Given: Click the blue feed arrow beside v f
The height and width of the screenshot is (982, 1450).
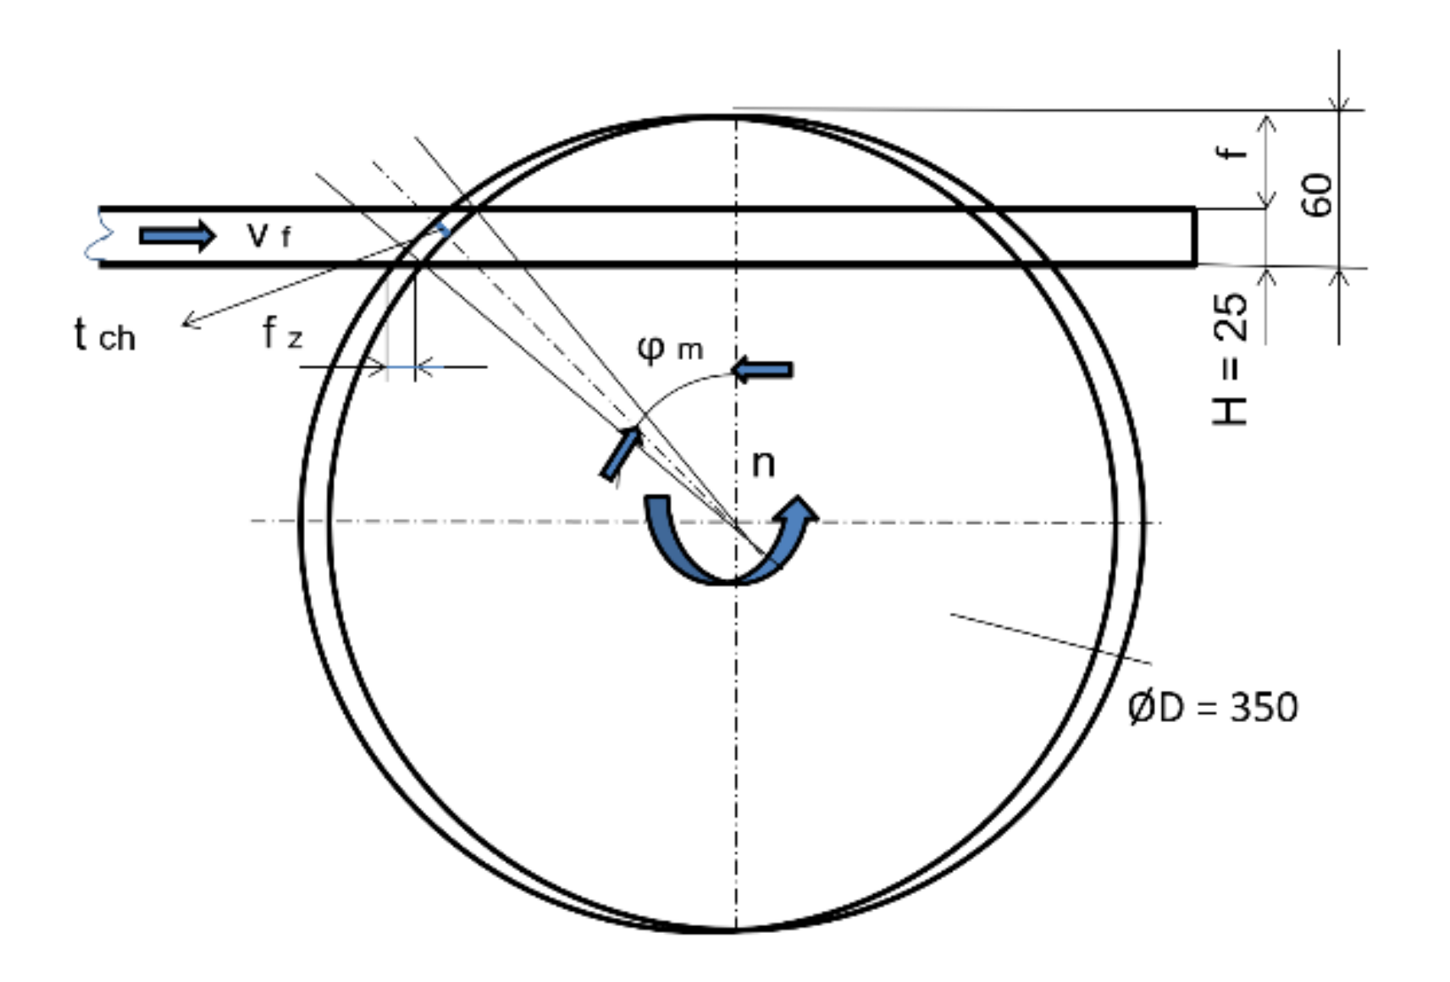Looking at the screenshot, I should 177,235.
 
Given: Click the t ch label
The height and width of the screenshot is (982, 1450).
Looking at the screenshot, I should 104,335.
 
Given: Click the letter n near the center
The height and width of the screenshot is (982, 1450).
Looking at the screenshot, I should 762,463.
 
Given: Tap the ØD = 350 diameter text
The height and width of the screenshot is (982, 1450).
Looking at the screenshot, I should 1212,707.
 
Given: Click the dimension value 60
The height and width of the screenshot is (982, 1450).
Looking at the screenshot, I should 1317,195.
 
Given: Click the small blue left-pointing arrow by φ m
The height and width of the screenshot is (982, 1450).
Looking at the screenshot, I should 761,370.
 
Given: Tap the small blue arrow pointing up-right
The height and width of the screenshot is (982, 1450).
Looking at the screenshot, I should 621,453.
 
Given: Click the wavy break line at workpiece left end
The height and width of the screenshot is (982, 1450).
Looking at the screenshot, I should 96,236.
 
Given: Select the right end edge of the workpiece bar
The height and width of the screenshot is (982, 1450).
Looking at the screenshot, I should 1194,237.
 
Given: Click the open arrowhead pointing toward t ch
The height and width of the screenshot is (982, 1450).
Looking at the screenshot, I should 190,321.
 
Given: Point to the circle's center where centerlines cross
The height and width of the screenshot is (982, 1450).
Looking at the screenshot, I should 735,521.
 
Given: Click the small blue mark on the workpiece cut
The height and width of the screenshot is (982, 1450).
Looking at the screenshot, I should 441,229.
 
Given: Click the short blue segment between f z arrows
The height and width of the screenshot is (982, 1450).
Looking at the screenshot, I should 401,367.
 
